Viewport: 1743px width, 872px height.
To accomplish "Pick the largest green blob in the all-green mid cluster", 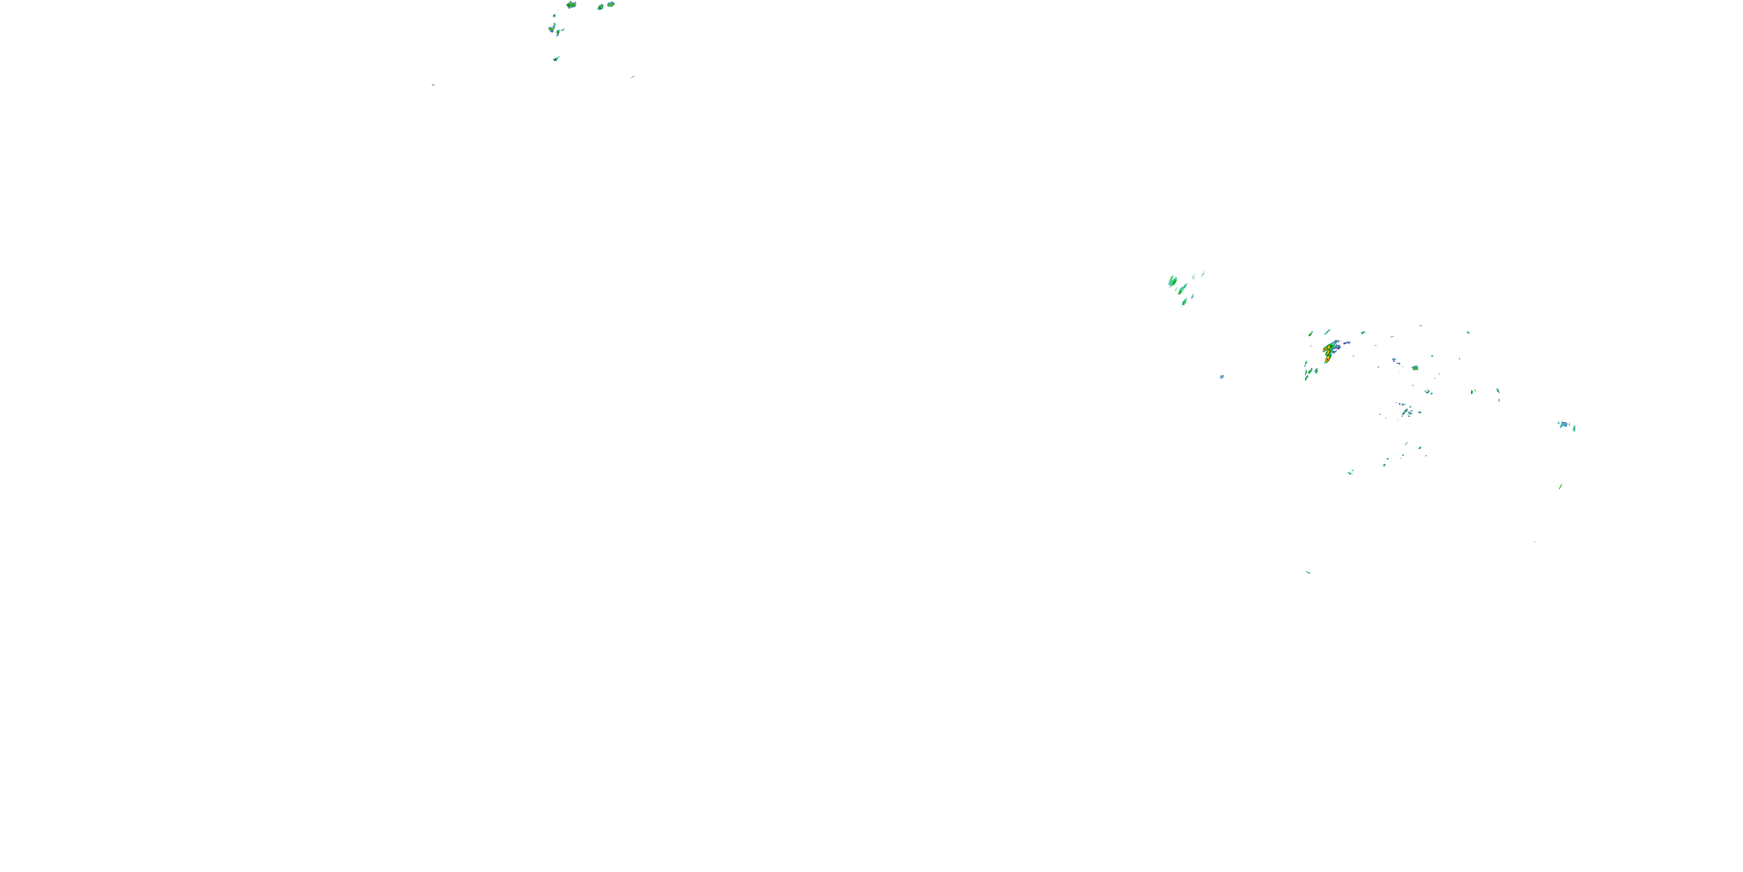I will (x=1172, y=281).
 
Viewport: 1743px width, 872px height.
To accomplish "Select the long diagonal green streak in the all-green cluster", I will (x=1182, y=289).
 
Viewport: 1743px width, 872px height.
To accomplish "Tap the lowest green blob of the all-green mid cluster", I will (x=1184, y=302).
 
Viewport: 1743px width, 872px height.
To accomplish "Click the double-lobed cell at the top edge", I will (x=571, y=5).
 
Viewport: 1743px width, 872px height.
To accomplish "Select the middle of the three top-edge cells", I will (x=600, y=7).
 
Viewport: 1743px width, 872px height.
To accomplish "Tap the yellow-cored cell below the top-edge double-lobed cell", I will (x=553, y=28).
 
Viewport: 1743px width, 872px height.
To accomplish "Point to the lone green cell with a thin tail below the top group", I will (x=555, y=59).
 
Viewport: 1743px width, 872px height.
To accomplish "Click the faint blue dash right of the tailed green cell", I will (x=633, y=77).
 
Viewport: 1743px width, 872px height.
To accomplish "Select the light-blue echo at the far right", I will (x=1563, y=424).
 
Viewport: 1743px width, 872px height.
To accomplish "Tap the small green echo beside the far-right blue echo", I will (x=1574, y=428).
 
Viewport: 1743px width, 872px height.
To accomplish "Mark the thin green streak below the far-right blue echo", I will (x=1561, y=486).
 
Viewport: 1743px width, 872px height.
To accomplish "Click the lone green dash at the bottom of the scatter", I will (x=1308, y=572).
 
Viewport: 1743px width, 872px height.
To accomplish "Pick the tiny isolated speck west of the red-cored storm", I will (x=1221, y=377).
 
